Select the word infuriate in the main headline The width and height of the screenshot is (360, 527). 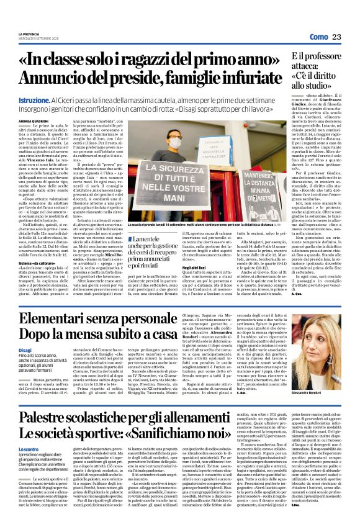pos(248,79)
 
